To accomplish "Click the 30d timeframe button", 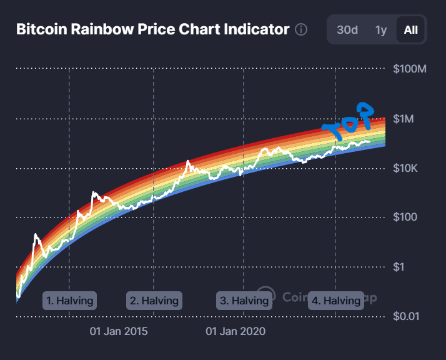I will pos(347,29).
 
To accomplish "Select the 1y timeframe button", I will pos(380,29).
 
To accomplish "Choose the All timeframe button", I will pos(410,29).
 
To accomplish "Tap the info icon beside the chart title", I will pos(301,29).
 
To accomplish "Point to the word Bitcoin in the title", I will pos(39,29).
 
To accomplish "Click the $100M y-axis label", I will pos(410,69).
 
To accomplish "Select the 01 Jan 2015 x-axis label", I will pos(119,331).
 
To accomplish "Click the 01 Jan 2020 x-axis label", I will pos(235,331).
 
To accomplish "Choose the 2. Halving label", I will pos(154,301).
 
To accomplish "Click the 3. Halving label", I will pos(244,301).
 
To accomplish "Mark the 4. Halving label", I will pos(336,301).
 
